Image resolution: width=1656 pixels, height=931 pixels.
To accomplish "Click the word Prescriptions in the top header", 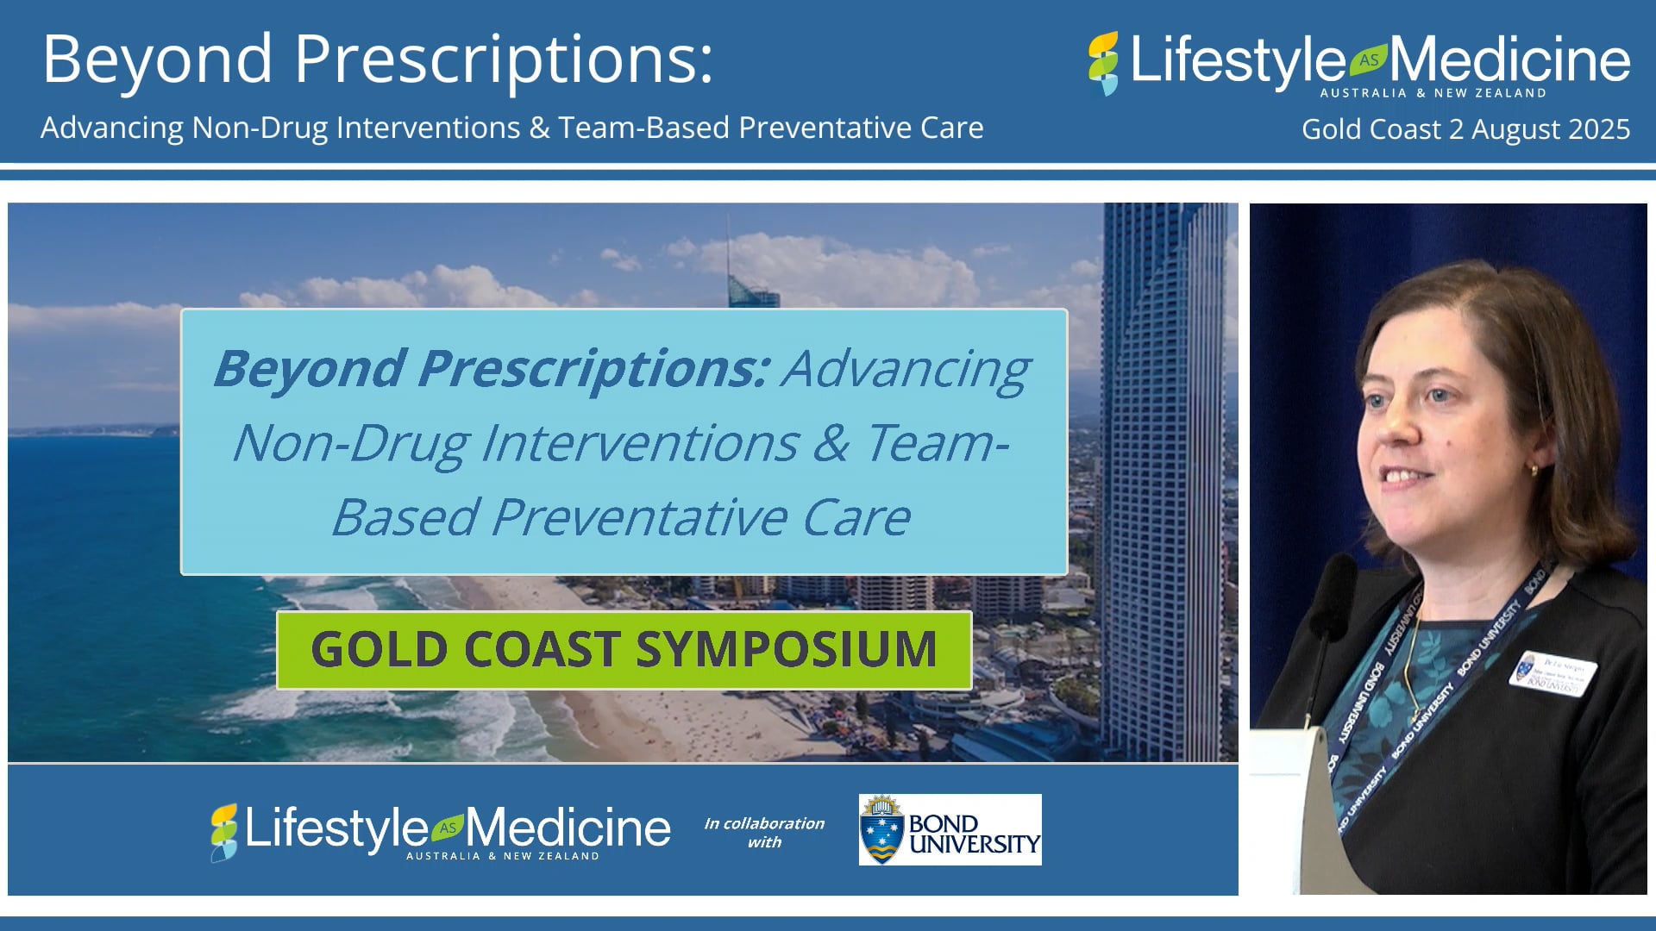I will point(505,60).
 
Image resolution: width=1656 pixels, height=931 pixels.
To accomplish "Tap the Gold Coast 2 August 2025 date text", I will point(1465,129).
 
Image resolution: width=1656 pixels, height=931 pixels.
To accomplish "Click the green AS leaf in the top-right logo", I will point(1368,59).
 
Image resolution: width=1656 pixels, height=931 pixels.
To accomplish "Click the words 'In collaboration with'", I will point(764,833).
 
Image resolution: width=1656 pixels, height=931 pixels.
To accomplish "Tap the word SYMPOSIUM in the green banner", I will point(786,650).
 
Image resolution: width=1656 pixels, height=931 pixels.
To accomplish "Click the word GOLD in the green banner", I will point(379,650).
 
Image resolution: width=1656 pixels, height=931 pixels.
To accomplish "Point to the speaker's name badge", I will point(1553,674).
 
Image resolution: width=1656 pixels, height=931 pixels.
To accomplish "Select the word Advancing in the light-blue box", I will point(906,369).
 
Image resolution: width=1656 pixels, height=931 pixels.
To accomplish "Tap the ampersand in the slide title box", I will point(831,443).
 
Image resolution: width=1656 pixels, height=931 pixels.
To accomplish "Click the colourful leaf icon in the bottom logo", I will point(223,833).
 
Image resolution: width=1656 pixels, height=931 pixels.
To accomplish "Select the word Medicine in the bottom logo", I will point(568,828).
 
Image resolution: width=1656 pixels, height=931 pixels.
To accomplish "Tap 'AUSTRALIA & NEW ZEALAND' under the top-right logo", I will point(1433,93).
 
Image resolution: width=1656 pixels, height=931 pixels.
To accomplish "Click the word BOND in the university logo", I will point(943,823).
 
